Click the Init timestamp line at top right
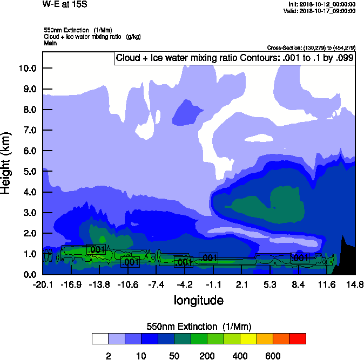321,4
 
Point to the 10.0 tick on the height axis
27,69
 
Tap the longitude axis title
198,300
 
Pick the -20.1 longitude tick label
42,285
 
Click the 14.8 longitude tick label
355,285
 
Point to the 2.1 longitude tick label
242,285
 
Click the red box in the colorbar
298,338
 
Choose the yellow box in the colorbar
248,338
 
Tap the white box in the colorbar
100,338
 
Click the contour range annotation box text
235,58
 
